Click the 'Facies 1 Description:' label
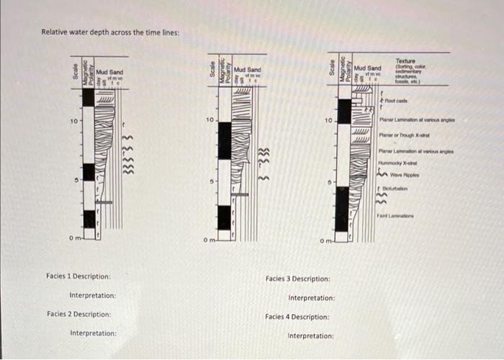tap(78, 276)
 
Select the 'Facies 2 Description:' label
tap(78, 314)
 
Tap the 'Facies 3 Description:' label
tap(298, 279)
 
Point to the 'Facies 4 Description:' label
tap(297, 317)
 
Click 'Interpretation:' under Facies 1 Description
tap(93, 296)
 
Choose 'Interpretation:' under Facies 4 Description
tap(311, 336)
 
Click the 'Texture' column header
tap(405, 62)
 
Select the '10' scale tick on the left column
tap(73, 121)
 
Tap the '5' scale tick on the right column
tap(329, 182)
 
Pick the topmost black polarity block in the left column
tap(88, 97)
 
